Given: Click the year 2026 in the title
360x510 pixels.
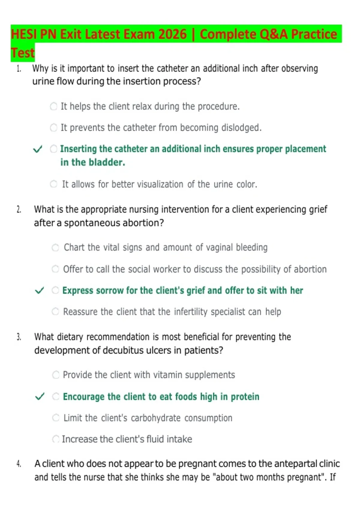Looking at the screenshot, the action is [172, 34].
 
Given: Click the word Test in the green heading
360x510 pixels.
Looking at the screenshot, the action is [23, 53].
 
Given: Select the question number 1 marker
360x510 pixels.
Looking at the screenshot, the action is [19, 68].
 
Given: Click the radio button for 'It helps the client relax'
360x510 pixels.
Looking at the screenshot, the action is [53, 106].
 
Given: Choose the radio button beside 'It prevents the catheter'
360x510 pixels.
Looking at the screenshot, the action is [53, 128].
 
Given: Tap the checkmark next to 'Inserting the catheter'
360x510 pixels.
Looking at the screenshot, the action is [37, 149].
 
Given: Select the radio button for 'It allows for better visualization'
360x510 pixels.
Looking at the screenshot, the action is [53, 184].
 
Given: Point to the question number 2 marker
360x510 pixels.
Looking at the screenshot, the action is [19, 209].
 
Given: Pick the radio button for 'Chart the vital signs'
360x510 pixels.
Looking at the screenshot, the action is [55, 247].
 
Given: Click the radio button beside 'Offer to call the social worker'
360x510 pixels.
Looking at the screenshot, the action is [55, 269].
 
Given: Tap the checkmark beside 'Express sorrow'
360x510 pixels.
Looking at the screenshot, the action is [39, 290].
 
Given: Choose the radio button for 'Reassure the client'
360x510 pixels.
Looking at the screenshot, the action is [55, 311].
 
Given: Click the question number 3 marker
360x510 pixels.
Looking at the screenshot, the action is [19, 337].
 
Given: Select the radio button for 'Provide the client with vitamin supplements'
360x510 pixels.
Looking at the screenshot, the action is [56, 375].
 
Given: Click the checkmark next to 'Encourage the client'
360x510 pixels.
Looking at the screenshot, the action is [40, 396].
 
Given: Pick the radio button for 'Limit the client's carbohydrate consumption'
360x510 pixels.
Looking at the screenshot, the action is [56, 418].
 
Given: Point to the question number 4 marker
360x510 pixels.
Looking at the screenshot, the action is [19, 464].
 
